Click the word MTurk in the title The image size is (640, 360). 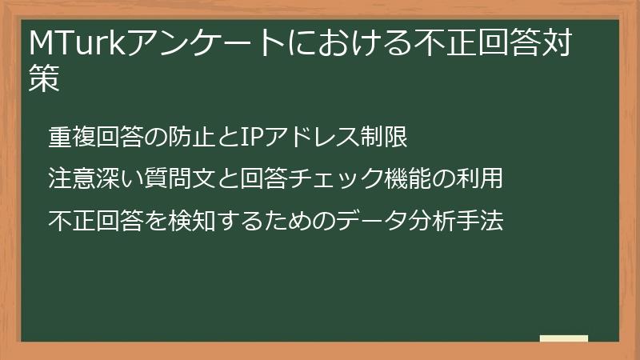click(x=71, y=44)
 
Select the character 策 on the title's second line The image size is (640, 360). click(x=44, y=80)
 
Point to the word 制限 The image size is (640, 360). click(x=384, y=138)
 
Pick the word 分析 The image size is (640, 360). click(x=431, y=219)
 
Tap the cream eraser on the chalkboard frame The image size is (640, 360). click(x=563, y=338)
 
